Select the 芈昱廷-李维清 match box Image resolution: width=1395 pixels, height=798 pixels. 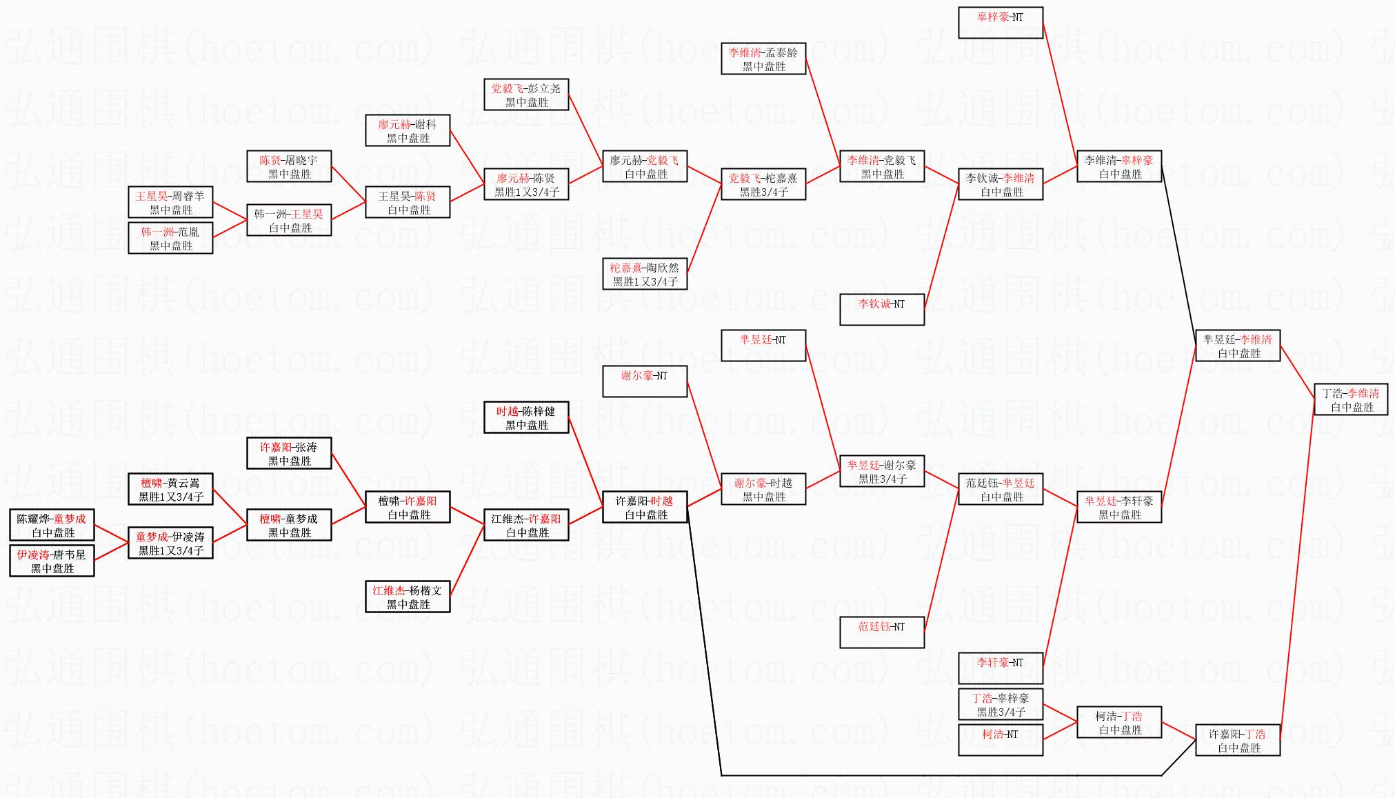[x=1238, y=346]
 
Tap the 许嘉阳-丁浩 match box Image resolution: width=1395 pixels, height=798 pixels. [x=1238, y=741]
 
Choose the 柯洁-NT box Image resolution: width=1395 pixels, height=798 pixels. [x=1001, y=739]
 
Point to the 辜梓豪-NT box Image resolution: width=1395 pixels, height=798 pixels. [x=1001, y=23]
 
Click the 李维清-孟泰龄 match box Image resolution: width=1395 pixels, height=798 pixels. [x=763, y=59]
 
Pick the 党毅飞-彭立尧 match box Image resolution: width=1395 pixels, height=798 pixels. [x=526, y=95]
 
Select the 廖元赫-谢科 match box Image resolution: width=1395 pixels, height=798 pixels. [x=408, y=131]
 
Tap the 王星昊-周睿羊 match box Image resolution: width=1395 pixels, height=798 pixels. [x=170, y=203]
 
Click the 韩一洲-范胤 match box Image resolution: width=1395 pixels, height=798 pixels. [x=170, y=239]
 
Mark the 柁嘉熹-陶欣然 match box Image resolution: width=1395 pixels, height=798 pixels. [x=645, y=275]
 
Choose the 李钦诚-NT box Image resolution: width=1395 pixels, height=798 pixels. [x=882, y=310]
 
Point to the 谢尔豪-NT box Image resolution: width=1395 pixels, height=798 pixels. [x=645, y=381]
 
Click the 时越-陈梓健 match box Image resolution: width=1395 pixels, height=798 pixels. [x=526, y=418]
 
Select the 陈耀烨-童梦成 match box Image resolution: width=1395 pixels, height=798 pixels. [x=52, y=526]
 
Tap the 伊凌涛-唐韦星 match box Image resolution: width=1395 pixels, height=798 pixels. [x=52, y=561]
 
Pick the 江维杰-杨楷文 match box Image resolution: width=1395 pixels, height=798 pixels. [x=408, y=597]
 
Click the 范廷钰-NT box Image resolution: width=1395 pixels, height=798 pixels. [x=882, y=632]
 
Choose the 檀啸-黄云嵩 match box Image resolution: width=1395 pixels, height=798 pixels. [x=170, y=490]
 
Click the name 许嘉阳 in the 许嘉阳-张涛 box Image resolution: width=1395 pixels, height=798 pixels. [x=274, y=448]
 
